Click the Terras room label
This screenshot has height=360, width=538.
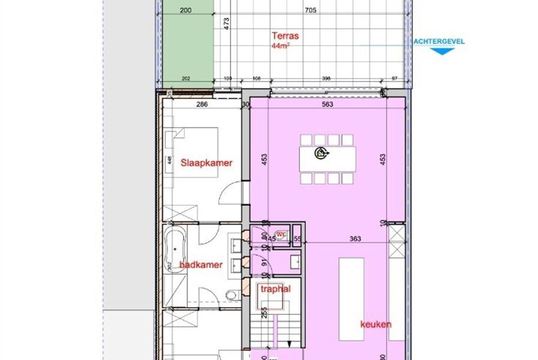tap(285, 36)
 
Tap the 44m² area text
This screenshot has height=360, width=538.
tap(280, 46)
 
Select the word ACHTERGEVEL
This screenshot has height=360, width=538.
tap(439, 41)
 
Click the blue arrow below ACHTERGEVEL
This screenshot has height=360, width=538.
tap(443, 50)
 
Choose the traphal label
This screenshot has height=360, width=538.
tap(276, 289)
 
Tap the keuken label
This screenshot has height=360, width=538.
tap(376, 325)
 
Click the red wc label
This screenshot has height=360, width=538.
tap(280, 234)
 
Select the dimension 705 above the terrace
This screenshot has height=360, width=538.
tap(310, 10)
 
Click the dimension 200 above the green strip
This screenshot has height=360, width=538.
tap(186, 10)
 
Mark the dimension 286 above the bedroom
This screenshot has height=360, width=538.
tap(202, 104)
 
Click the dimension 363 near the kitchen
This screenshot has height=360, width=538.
tap(355, 239)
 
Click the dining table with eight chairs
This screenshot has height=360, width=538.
tap(327, 158)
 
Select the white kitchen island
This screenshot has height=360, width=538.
tap(352, 298)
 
